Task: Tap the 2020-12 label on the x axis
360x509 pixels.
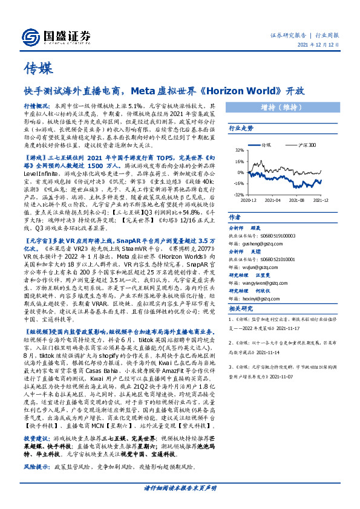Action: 250,198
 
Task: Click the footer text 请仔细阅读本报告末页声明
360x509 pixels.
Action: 181,504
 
